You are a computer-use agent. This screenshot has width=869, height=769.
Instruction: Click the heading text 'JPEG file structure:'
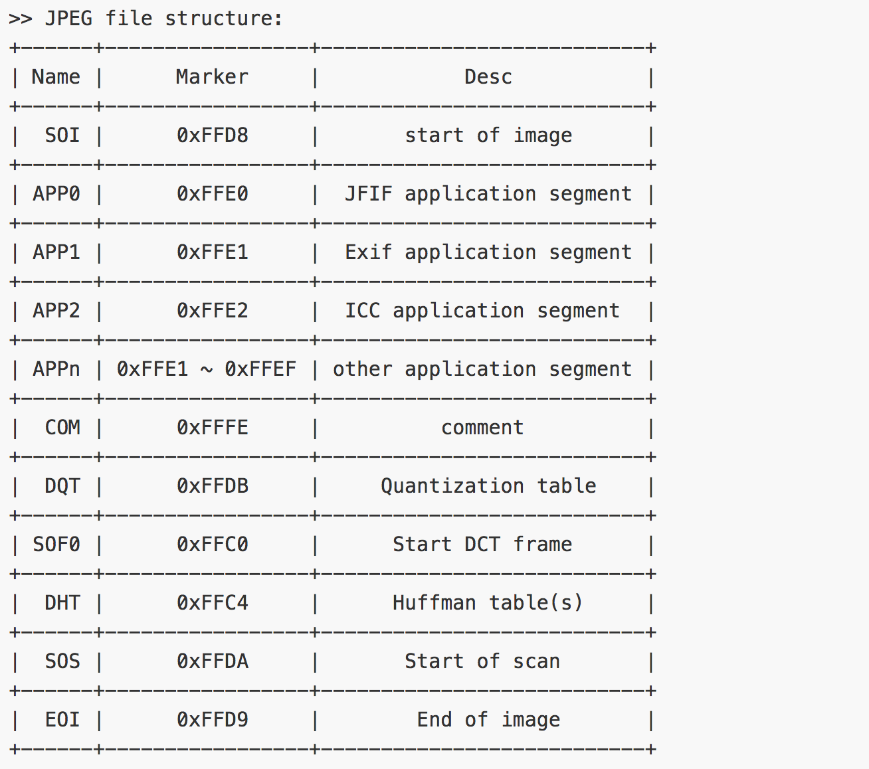(163, 19)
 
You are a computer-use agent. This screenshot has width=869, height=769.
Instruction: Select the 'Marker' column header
(212, 77)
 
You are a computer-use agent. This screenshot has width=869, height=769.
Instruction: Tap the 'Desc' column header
(488, 77)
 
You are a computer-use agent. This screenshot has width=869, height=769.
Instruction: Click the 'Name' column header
(56, 77)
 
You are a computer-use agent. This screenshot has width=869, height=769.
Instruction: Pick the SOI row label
(62, 135)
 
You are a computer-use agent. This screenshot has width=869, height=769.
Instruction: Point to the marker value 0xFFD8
(212, 135)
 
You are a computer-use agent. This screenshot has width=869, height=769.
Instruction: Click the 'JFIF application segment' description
(488, 194)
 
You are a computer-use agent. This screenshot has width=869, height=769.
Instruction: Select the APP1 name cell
(56, 252)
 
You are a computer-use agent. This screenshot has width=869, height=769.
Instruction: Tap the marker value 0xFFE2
(212, 311)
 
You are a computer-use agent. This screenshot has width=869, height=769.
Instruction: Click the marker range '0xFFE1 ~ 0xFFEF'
(206, 369)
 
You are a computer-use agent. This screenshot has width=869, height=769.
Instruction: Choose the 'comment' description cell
(482, 428)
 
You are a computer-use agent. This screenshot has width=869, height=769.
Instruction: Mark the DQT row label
(62, 486)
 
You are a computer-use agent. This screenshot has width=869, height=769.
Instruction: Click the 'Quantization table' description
(488, 486)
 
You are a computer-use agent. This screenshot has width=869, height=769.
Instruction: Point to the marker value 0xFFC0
(212, 545)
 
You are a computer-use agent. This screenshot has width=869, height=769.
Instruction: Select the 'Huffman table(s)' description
(488, 603)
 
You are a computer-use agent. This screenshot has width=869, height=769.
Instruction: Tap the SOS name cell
(62, 661)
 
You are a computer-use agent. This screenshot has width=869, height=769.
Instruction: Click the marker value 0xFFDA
(212, 661)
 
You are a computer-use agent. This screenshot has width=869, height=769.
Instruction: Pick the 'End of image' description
(488, 720)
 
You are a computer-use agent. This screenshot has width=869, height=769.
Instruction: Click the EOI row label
(62, 720)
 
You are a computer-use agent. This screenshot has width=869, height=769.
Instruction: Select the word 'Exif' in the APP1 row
(368, 252)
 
